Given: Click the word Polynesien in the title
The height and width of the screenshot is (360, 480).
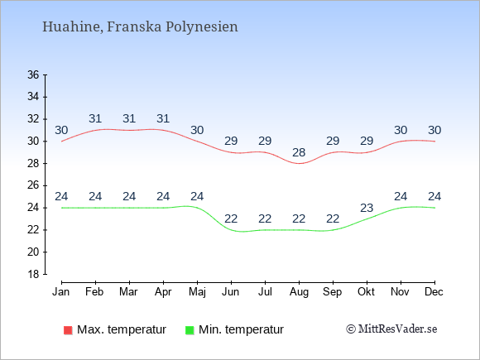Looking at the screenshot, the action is (202, 27).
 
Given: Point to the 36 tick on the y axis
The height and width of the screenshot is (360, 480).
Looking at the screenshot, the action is (33, 74).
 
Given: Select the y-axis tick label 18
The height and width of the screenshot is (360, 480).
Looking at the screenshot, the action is (33, 274).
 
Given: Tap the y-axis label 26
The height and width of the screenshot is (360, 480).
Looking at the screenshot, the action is (33, 185).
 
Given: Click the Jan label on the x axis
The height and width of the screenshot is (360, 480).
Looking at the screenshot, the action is (61, 292).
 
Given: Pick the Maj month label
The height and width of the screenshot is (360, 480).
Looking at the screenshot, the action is (197, 292).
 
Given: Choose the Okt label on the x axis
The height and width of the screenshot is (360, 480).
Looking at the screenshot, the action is (366, 292).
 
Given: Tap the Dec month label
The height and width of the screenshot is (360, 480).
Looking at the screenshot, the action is (434, 292).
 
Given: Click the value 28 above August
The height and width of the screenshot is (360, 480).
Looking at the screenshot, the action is (299, 152).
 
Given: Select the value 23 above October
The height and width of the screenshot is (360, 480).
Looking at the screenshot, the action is (367, 208).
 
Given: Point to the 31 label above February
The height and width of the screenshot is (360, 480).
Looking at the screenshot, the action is (95, 118).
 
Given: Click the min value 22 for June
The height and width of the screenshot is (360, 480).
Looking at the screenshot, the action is (231, 218).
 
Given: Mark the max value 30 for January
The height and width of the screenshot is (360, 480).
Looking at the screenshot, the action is (61, 130).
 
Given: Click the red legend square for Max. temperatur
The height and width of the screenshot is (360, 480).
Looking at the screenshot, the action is (68, 330).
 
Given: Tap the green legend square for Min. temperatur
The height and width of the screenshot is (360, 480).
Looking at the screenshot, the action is (190, 330).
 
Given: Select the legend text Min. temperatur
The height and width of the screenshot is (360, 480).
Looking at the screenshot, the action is (241, 329).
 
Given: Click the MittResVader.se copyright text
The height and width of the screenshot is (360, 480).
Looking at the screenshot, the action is (391, 329).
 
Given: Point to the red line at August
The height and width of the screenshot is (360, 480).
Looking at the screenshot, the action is (299, 164).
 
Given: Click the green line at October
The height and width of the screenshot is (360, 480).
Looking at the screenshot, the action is (367, 218).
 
